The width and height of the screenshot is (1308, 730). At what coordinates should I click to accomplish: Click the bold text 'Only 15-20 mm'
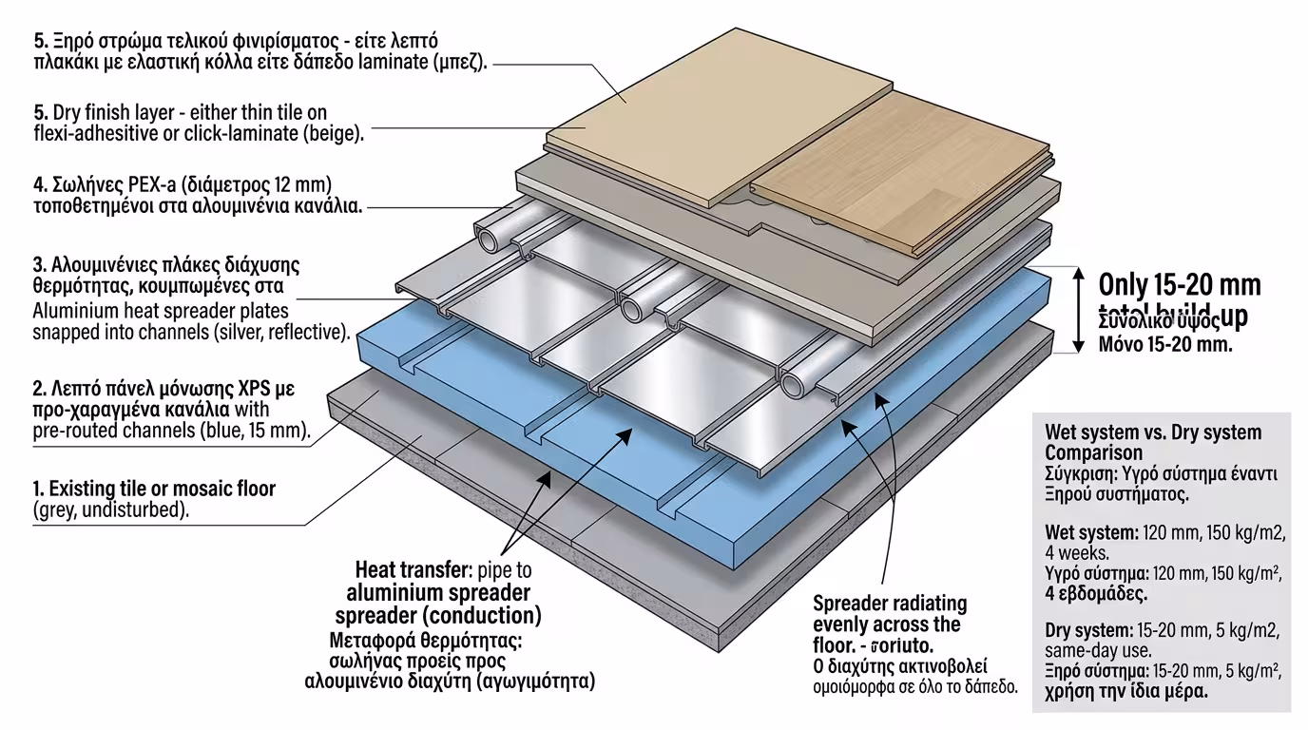[1179, 284]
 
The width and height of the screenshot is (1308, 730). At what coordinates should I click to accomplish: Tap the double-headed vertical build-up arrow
[1079, 310]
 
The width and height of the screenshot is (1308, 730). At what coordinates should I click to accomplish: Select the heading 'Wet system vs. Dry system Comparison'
[1152, 442]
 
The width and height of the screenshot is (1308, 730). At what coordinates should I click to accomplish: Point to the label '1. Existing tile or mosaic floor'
[154, 489]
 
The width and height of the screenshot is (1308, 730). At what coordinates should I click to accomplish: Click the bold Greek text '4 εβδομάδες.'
[1095, 593]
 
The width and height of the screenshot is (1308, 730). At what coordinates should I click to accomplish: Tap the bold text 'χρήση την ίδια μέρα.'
[1126, 691]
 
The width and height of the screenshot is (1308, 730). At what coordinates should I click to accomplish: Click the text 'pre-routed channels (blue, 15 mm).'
[172, 431]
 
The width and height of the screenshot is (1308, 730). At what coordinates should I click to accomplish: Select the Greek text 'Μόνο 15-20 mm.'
[1165, 344]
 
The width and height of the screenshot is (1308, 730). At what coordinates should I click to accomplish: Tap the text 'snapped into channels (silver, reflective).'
[191, 332]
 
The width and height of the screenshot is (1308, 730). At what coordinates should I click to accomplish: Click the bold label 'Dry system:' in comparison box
[1087, 630]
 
